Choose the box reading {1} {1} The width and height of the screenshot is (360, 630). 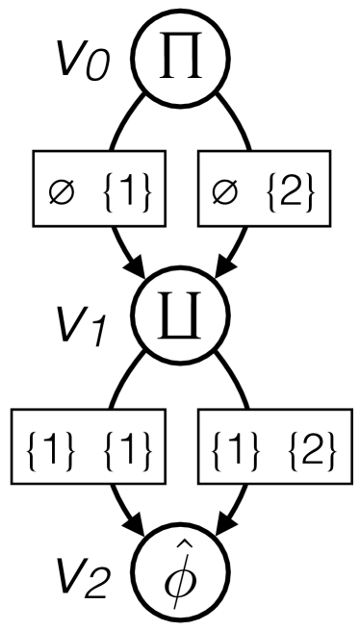tap(86, 448)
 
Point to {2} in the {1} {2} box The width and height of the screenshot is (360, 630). tap(307, 449)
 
